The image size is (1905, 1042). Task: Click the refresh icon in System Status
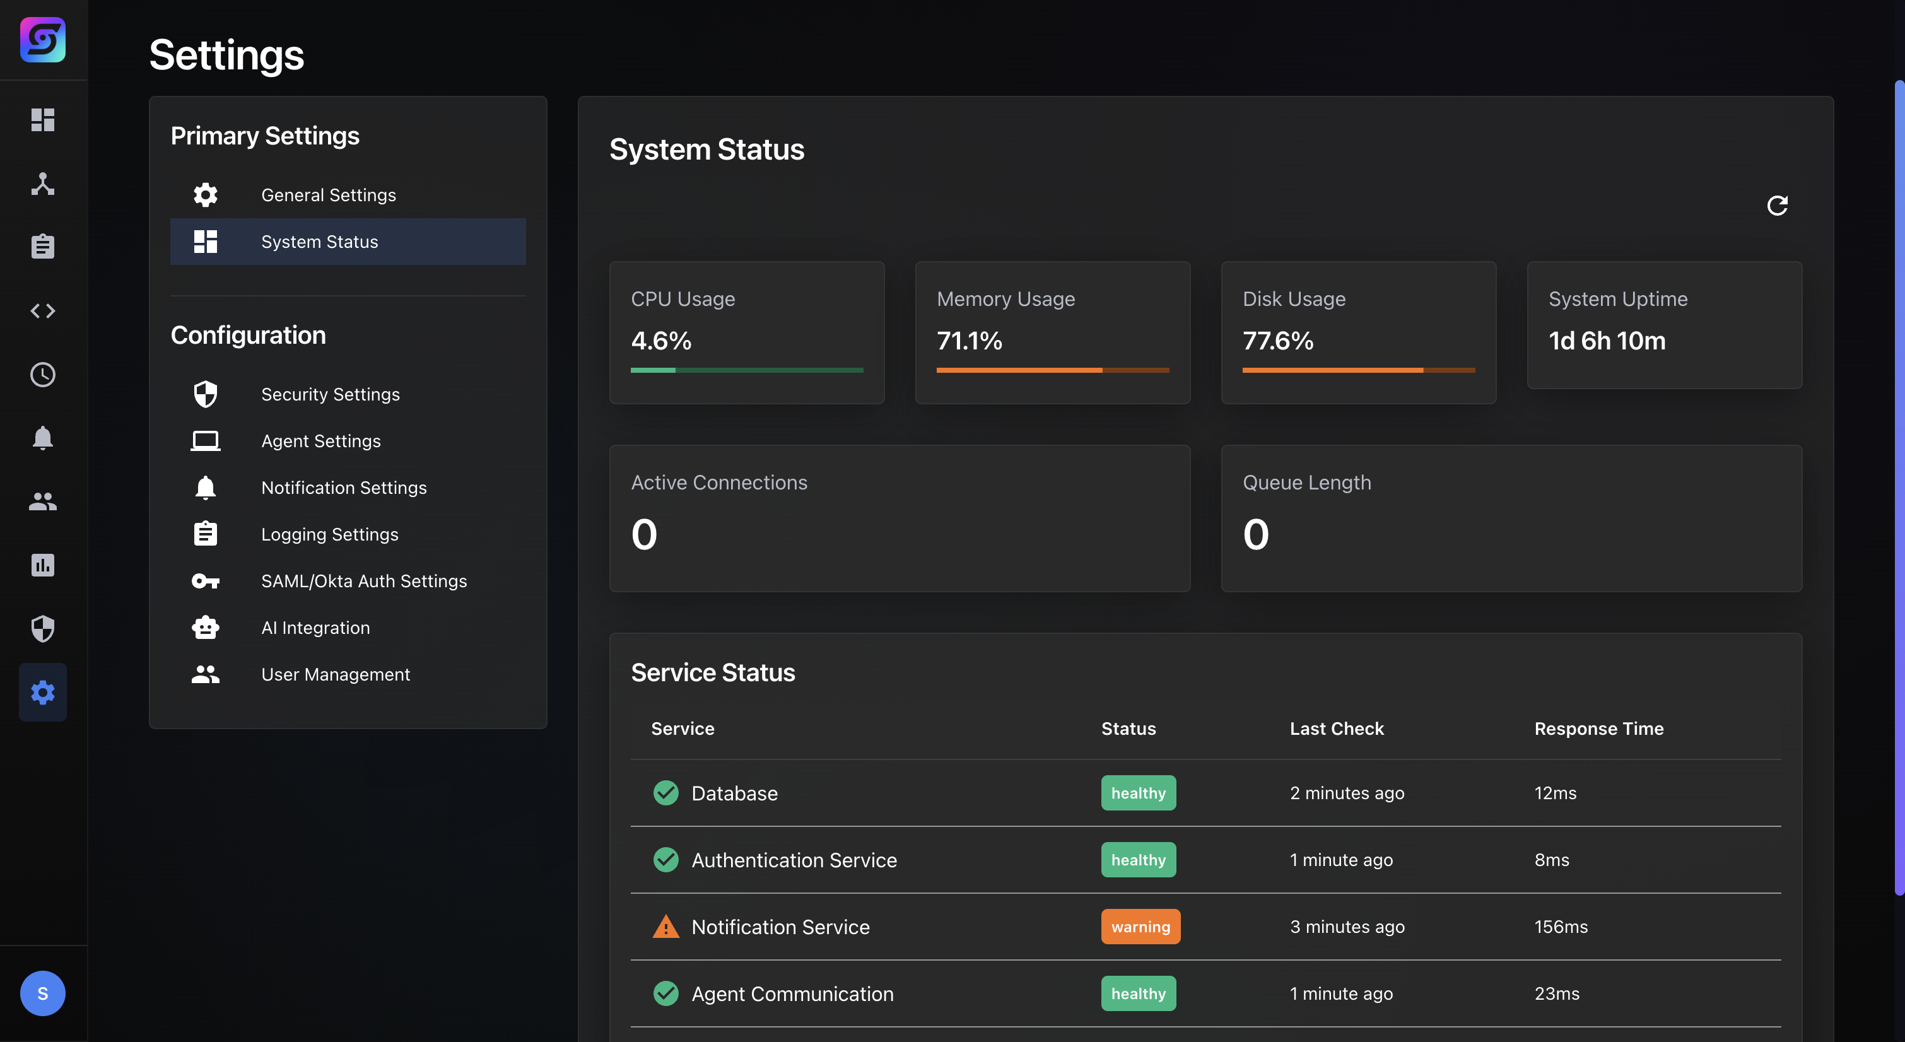click(x=1776, y=205)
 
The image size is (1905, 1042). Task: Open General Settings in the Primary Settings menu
click(x=329, y=196)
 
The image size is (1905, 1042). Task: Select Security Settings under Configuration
click(x=330, y=394)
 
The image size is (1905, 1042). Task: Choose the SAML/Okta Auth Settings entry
click(x=363, y=582)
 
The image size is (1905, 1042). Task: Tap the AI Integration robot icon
click(x=205, y=627)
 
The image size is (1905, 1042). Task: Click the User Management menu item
click(x=335, y=674)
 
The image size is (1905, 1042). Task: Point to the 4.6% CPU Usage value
click(x=660, y=341)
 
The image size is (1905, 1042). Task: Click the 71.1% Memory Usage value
click(x=969, y=341)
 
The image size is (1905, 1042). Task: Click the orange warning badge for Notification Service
click(x=1140, y=927)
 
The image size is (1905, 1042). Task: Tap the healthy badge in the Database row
click(x=1137, y=793)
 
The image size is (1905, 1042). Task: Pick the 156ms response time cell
click(x=1561, y=927)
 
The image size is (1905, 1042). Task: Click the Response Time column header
click(x=1598, y=729)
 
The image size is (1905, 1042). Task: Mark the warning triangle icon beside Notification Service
click(x=665, y=927)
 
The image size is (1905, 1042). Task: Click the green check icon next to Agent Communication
click(x=665, y=993)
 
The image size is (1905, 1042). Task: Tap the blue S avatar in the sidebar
click(x=42, y=993)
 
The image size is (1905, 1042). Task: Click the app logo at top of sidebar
click(x=42, y=40)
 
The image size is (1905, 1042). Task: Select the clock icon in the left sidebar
click(x=42, y=375)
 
